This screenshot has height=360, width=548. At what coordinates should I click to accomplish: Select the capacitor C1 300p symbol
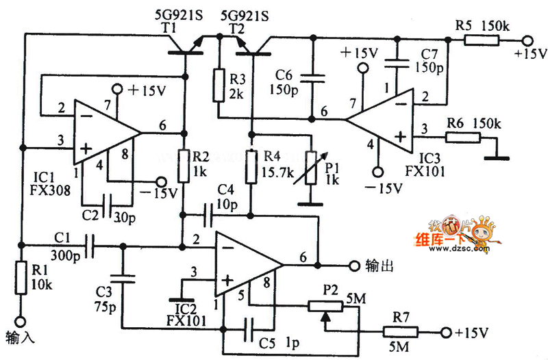[90, 244]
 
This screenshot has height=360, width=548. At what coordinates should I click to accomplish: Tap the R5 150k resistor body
[482, 40]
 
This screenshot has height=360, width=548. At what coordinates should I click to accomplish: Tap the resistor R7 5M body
[399, 333]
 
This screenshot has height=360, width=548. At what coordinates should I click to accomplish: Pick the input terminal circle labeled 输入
[22, 320]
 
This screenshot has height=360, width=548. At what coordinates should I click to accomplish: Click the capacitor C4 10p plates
[208, 217]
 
